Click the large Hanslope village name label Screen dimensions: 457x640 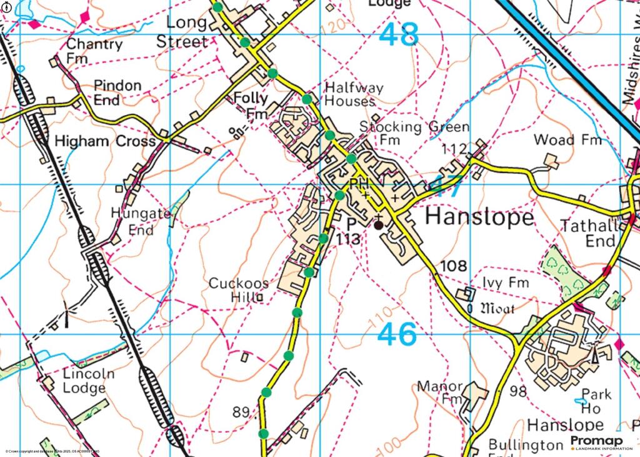[479, 218]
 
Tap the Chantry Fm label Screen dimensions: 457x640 [94, 51]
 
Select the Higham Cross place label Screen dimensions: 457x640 [104, 141]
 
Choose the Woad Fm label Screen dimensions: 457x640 [567, 139]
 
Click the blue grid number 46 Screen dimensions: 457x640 [397, 335]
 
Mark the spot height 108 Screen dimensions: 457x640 [453, 266]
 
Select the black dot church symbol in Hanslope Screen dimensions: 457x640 [378, 224]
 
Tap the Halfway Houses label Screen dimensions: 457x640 [353, 94]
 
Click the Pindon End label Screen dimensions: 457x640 [117, 92]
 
